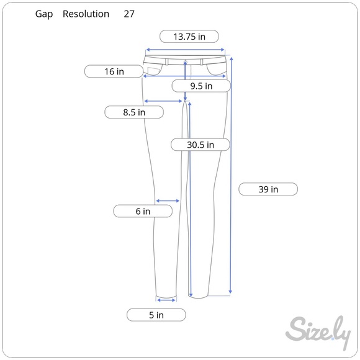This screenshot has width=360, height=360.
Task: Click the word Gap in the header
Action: click(44, 14)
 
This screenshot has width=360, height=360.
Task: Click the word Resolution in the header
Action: click(86, 14)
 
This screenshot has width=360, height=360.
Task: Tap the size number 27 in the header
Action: click(129, 14)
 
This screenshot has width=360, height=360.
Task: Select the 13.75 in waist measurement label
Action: click(189, 37)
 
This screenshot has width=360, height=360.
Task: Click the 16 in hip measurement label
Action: click(114, 71)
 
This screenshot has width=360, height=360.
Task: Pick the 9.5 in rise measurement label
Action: click(200, 86)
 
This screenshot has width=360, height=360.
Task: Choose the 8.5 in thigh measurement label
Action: click(133, 112)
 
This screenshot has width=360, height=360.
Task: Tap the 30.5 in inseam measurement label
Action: click(200, 145)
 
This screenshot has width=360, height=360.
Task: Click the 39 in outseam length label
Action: click(268, 189)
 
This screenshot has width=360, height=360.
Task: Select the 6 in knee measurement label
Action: click(143, 212)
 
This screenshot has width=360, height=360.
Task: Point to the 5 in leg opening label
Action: click(156, 315)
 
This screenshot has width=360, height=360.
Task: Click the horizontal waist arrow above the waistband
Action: click(185, 50)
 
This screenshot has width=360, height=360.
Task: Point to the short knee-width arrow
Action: click(168, 200)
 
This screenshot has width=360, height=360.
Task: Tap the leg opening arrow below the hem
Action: click(166, 300)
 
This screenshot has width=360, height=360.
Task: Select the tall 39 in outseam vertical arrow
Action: click(231, 174)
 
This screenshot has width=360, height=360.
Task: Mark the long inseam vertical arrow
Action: click(190, 199)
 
